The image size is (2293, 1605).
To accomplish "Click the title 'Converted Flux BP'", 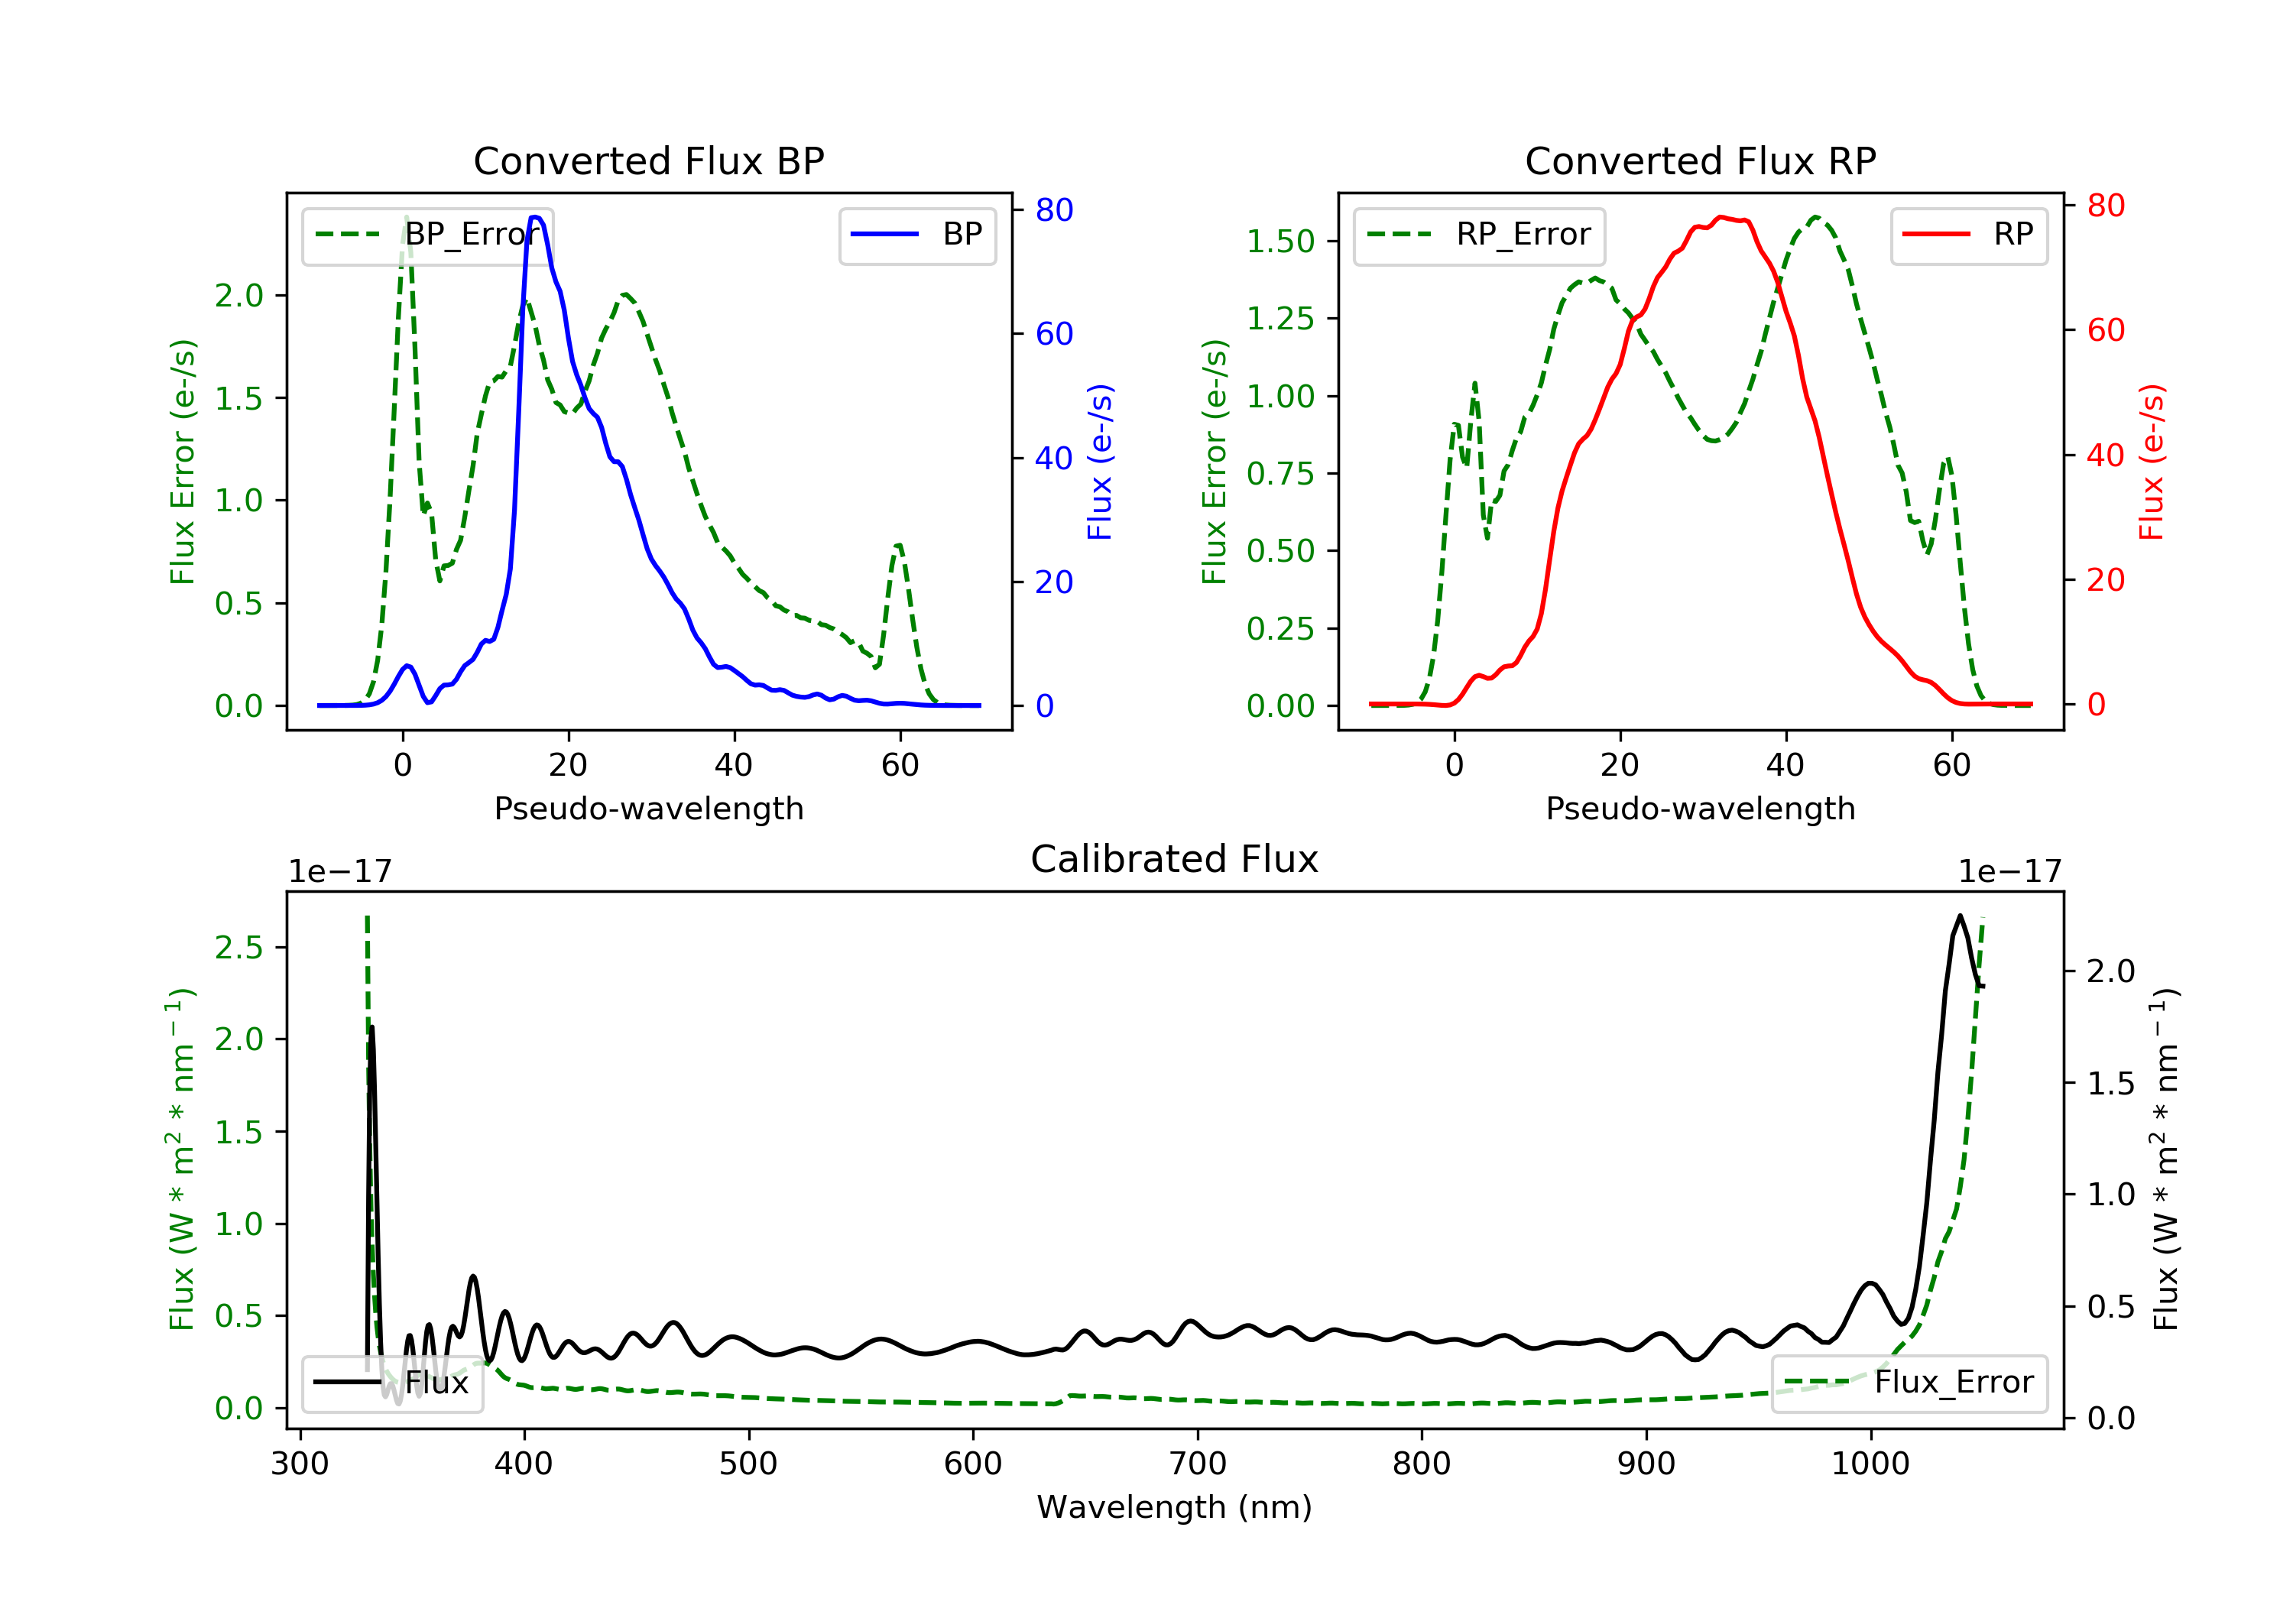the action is [649, 160].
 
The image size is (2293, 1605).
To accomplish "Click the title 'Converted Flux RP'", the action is [1701, 160].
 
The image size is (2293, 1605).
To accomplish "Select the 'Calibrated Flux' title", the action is [1175, 859].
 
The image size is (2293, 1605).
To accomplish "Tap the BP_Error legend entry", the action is [427, 235].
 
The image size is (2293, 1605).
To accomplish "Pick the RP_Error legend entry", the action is [1479, 235].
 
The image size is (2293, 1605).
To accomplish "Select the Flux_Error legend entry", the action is [1909, 1383].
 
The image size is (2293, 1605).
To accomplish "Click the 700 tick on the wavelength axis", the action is [1198, 1464].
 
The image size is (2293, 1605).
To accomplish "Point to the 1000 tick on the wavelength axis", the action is [1870, 1464].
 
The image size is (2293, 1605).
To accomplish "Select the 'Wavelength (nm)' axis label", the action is [1175, 1507].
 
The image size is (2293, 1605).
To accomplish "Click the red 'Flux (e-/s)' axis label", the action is [2151, 462].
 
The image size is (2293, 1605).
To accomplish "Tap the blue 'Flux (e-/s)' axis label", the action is [1100, 462].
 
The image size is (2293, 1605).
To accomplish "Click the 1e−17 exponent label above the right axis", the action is [2010, 872].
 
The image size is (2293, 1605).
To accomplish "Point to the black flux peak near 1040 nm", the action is [1961, 916].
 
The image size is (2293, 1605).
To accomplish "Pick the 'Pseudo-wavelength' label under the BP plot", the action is [649, 808].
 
